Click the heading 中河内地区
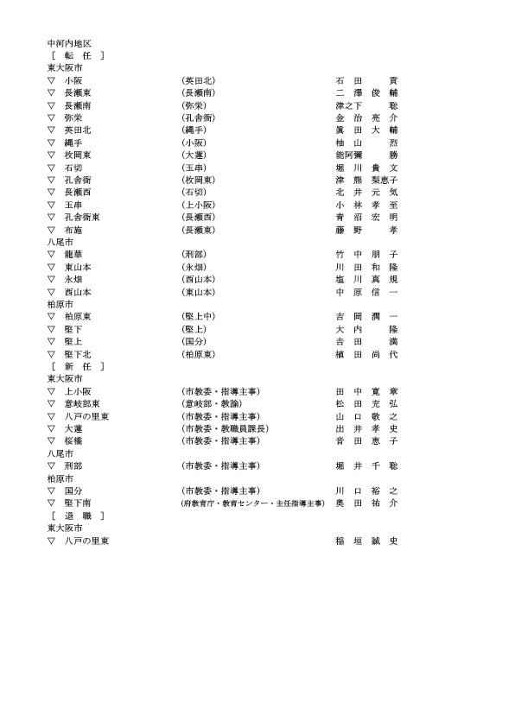point(69,41)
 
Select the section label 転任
point(78,54)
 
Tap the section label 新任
point(78,366)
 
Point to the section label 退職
point(78,516)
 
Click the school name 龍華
point(73,255)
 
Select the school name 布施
point(73,230)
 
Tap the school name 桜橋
point(73,440)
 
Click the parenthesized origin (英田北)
point(198,79)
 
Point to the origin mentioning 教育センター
point(251,503)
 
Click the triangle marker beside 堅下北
point(52,354)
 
